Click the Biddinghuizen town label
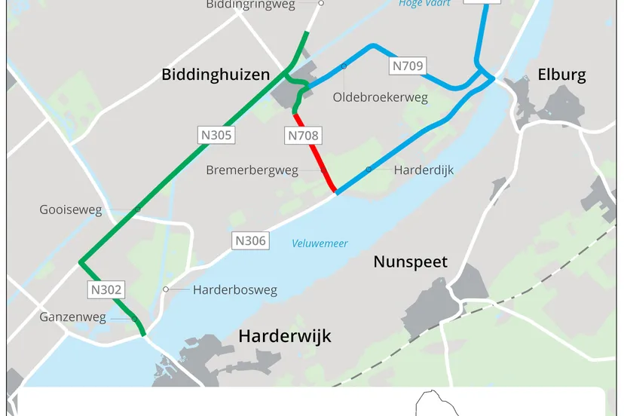[x=216, y=75]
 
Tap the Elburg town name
[x=561, y=75]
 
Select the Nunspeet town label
[x=411, y=262]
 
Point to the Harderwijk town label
[x=285, y=336]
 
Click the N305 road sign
[x=216, y=136]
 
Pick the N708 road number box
[x=304, y=136]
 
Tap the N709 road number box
[x=407, y=66]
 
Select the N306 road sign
[x=250, y=241]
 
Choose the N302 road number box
[x=106, y=289]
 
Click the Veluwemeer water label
[x=320, y=243]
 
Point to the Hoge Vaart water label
[x=424, y=4]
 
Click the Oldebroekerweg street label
[x=380, y=98]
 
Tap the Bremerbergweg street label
[x=252, y=170]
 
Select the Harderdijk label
[x=424, y=170]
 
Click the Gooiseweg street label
[x=70, y=210]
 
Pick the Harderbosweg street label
[x=235, y=289]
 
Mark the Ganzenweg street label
[x=73, y=317]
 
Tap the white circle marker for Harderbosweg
[x=166, y=289]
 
